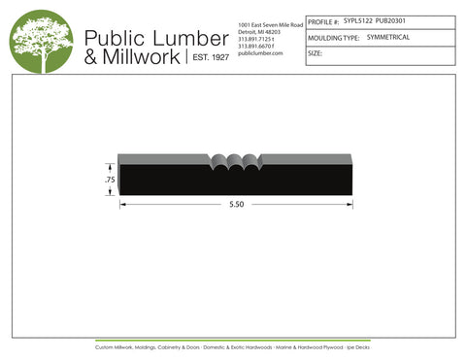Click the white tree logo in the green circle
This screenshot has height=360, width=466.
pyautogui.click(x=42, y=41)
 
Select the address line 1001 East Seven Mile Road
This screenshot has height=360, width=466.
pyautogui.click(x=270, y=23)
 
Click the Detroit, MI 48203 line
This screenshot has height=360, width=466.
pyautogui.click(x=258, y=31)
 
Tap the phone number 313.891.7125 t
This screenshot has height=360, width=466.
pyautogui.click(x=257, y=38)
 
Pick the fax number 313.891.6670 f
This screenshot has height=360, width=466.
pyautogui.click(x=257, y=46)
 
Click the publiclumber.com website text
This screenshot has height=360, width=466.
pyautogui.click(x=259, y=52)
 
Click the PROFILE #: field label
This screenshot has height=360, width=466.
pyautogui.click(x=323, y=19)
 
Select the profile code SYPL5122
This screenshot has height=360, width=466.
pyautogui.click(x=357, y=18)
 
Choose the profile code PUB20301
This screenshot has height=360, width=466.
pyautogui.click(x=390, y=18)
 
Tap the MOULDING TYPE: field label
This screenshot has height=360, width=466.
pyautogui.click(x=334, y=36)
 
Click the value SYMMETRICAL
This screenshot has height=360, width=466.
pyautogui.click(x=389, y=36)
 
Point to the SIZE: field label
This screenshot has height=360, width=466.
pyautogui.click(x=315, y=53)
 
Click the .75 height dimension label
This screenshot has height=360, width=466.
pyautogui.click(x=110, y=180)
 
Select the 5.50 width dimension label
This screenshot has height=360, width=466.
pyautogui.click(x=236, y=205)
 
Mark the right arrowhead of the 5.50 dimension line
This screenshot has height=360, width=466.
pyautogui.click(x=351, y=205)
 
